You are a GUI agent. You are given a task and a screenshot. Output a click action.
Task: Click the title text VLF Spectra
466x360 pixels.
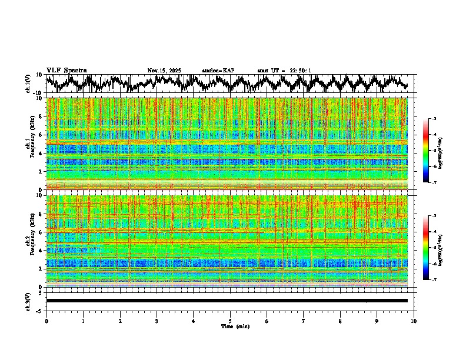66,70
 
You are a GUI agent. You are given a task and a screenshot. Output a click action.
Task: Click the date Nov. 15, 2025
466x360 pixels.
164,71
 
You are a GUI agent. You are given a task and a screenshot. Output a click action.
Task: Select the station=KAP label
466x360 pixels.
218,71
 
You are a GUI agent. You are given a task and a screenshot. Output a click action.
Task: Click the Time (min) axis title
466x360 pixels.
231,326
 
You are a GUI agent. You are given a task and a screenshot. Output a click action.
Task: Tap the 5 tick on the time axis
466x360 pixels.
230,321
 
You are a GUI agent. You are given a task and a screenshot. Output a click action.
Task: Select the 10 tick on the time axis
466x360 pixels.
414,321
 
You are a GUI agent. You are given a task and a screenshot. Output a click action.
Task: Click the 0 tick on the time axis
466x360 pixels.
46,321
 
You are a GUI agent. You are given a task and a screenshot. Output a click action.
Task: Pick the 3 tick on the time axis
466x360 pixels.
157,321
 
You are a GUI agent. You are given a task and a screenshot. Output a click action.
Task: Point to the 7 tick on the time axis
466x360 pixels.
304,321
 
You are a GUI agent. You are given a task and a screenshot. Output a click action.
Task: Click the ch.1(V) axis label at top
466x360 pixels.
28,84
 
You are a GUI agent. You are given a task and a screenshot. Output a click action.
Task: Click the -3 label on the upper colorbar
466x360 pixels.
434,119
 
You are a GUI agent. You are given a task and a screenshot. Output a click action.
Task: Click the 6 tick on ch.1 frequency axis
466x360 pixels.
41,135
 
